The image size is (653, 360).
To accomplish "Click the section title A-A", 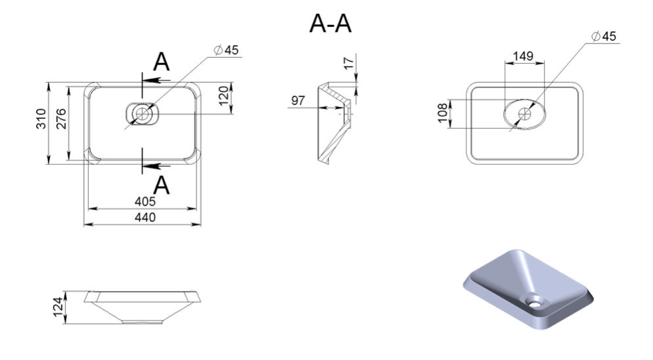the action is tap(330, 24).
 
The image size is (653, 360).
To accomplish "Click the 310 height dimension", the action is tap(41, 119).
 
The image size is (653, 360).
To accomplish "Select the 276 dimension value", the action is tap(61, 119).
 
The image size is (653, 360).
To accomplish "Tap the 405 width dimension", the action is tap(145, 201).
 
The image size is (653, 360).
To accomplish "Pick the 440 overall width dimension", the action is tap(145, 217).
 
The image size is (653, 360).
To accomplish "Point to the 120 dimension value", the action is tap(224, 95).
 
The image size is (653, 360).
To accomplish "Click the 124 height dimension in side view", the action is tap(58, 307).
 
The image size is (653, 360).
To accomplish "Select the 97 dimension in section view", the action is tap(298, 101).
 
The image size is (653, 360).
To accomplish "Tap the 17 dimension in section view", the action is tap(349, 63).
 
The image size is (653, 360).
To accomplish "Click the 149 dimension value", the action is tap(523, 56).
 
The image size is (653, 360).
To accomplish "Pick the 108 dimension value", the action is tap(442, 113).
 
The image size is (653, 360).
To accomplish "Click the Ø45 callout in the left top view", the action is tap(226, 50).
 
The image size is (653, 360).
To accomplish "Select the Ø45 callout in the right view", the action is tap(604, 36).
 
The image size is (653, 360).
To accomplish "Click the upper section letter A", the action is tap(162, 62).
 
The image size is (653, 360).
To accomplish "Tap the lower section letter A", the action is tap(162, 185).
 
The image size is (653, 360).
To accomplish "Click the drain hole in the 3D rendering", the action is tap(534, 302).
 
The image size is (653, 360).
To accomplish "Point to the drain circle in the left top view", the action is tap(142, 114).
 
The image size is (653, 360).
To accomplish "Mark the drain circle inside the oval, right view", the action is tap(524, 114).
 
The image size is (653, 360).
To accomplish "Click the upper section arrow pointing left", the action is tap(156, 80).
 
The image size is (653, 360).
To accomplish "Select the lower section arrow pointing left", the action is tap(156, 166).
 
